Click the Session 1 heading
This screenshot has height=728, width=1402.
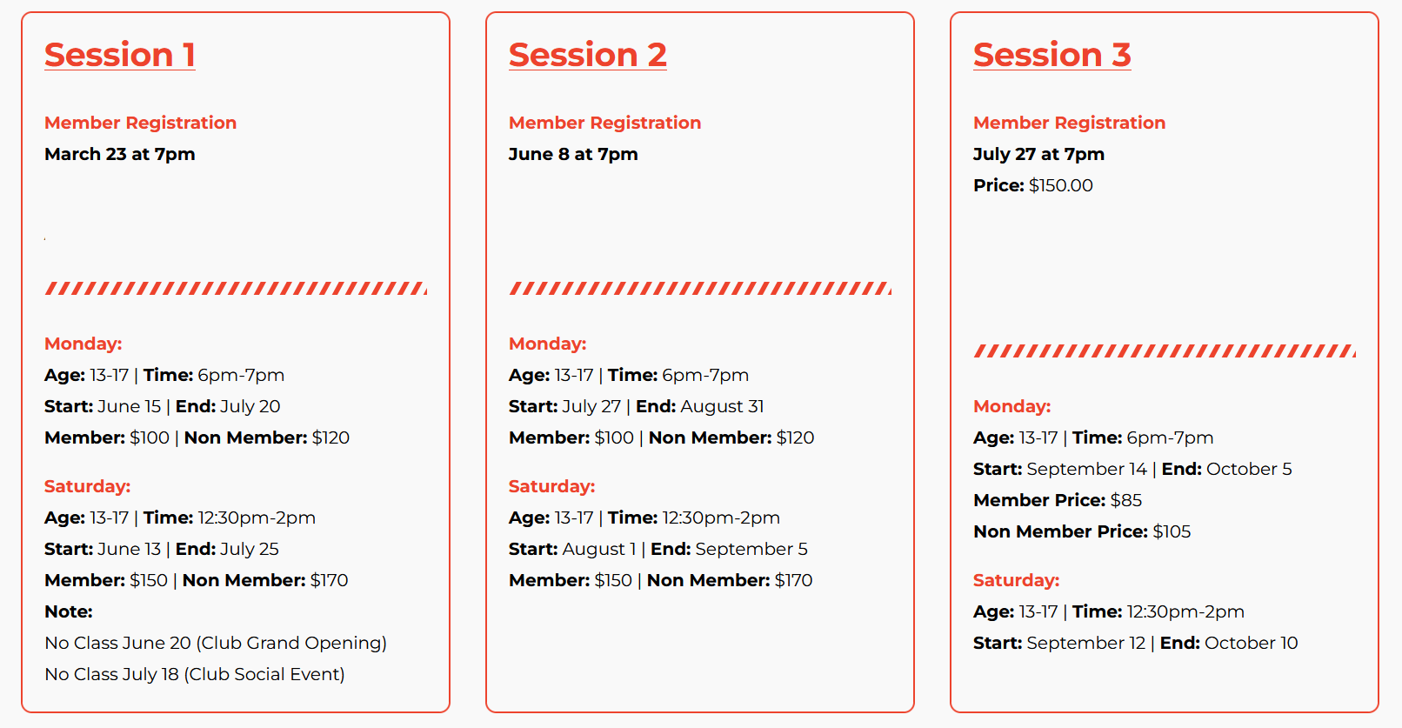click(x=119, y=55)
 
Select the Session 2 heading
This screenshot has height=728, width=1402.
click(x=588, y=55)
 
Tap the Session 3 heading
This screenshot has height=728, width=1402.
click(x=1052, y=55)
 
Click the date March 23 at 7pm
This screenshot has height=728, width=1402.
click(x=119, y=154)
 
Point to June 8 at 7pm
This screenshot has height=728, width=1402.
click(x=573, y=154)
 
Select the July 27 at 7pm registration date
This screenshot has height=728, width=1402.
click(x=1039, y=154)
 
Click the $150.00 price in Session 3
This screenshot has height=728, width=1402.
click(x=1061, y=185)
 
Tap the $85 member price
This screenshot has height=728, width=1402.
click(x=1126, y=500)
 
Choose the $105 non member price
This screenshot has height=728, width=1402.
click(x=1172, y=531)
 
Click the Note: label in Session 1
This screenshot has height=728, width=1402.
click(x=68, y=611)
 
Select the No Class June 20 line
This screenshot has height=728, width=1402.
click(x=216, y=643)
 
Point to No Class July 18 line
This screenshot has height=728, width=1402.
click(x=195, y=674)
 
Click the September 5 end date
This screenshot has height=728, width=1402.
click(x=751, y=549)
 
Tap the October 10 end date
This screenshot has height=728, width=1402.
click(x=1252, y=643)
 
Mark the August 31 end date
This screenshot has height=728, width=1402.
click(x=722, y=406)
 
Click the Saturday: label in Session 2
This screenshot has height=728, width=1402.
click(x=552, y=486)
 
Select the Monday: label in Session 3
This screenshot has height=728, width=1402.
click(x=1012, y=406)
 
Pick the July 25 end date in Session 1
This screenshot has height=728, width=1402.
click(x=250, y=549)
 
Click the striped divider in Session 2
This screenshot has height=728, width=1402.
click(x=700, y=288)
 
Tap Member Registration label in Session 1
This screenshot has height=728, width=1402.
click(x=141, y=123)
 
